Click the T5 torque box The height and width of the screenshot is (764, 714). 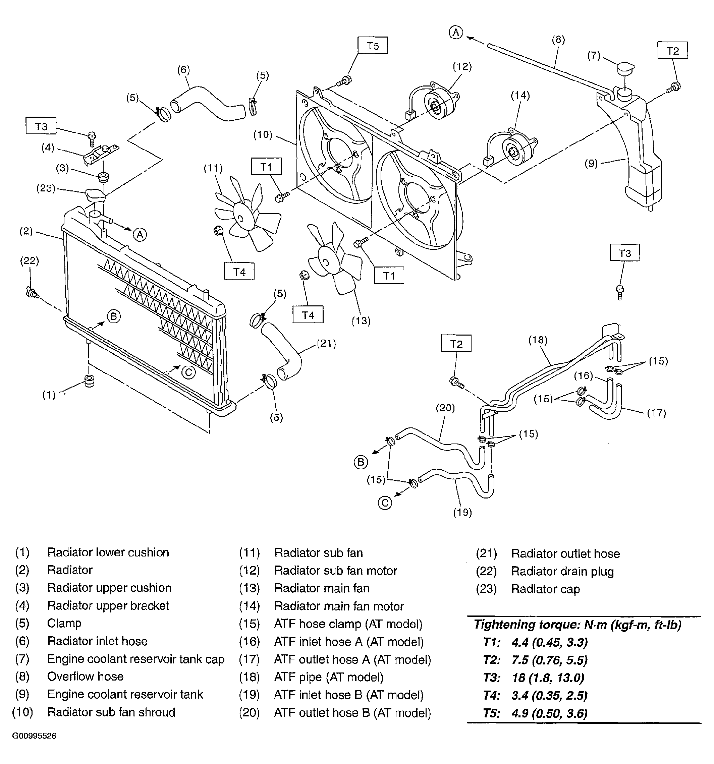click(x=373, y=45)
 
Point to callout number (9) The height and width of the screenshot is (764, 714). click(x=591, y=163)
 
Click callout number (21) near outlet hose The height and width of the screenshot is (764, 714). click(x=326, y=343)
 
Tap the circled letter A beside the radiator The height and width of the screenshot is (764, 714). click(x=140, y=234)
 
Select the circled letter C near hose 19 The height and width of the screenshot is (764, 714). click(x=385, y=503)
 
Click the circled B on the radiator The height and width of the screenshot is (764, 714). click(x=113, y=316)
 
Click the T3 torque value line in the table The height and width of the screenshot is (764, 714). click(x=534, y=678)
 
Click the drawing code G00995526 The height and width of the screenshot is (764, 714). click(x=34, y=736)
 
